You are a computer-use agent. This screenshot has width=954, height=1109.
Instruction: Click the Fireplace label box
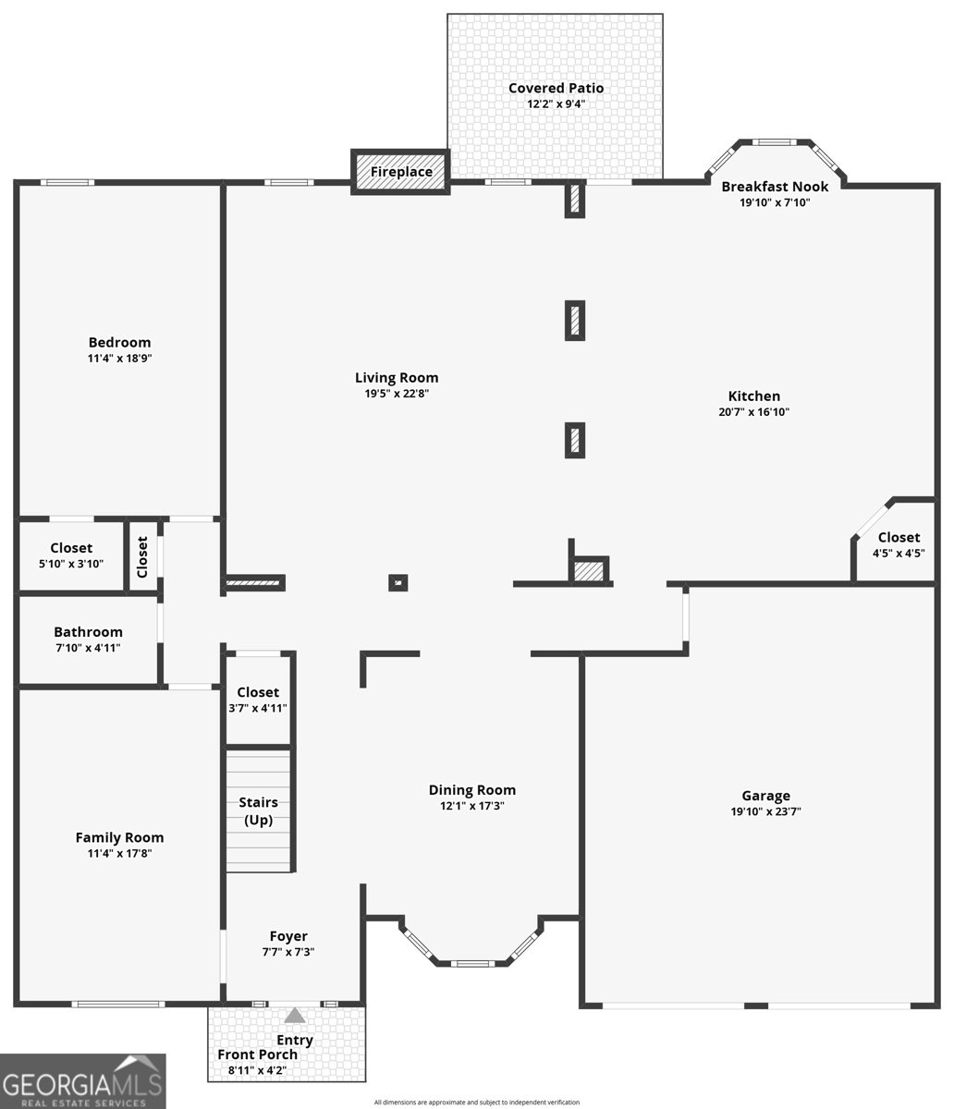(x=400, y=172)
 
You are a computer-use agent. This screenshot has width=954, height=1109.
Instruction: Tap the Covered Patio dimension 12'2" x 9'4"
(x=556, y=104)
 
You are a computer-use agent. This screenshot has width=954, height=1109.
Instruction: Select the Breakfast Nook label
(x=775, y=187)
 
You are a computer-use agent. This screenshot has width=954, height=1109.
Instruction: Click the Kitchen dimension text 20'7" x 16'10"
(x=753, y=412)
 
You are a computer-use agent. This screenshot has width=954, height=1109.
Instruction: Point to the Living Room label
(x=397, y=377)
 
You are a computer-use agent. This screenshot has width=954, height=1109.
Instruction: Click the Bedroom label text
(x=119, y=342)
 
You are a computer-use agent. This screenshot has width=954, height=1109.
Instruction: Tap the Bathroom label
(x=88, y=632)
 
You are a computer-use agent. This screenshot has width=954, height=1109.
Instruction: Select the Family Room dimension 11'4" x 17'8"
(x=119, y=854)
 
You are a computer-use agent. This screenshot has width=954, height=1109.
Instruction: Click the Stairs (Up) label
(x=258, y=811)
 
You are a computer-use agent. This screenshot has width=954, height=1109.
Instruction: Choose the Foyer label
(x=288, y=936)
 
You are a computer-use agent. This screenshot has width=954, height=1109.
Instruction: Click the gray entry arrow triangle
(x=294, y=1016)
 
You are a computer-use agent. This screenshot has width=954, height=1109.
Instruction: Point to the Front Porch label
(x=258, y=1054)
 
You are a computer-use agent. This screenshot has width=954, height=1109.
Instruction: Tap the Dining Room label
(x=471, y=790)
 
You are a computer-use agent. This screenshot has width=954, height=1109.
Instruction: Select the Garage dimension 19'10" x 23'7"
(x=765, y=812)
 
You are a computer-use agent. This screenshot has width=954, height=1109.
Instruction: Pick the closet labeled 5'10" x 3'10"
(x=71, y=555)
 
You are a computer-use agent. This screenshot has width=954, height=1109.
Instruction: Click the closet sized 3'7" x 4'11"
(x=258, y=700)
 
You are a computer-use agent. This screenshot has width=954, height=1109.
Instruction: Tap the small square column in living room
(x=397, y=582)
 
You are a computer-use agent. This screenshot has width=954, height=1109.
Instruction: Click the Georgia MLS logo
(x=83, y=1081)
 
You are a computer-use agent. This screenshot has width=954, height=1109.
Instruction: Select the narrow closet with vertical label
(x=142, y=556)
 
